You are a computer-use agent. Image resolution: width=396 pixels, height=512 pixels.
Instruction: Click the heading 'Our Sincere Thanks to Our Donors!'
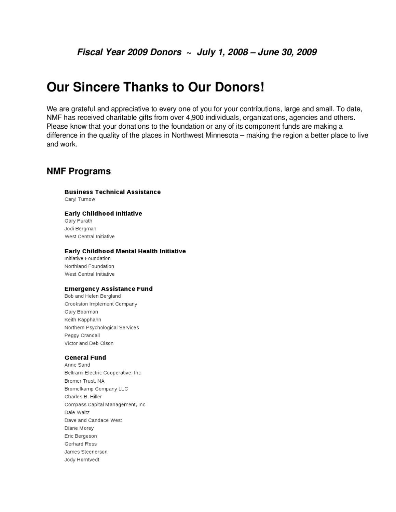155,87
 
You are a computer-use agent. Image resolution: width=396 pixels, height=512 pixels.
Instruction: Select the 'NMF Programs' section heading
79,171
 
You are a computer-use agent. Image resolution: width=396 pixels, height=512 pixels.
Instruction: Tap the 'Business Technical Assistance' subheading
112,192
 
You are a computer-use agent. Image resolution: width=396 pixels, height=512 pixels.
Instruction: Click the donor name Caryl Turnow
80,199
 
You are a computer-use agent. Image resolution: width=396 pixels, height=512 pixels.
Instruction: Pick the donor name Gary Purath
78,221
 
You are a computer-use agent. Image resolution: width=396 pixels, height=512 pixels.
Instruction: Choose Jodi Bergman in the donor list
80,229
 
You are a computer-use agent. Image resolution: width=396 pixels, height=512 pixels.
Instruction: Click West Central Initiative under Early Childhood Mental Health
90,274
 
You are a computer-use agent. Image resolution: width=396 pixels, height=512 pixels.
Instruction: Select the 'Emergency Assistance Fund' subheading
109,289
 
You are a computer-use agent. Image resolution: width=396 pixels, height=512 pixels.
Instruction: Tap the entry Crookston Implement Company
101,304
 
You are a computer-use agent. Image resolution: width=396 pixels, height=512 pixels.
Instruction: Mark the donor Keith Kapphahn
83,319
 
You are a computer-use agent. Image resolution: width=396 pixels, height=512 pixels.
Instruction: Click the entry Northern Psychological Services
101,327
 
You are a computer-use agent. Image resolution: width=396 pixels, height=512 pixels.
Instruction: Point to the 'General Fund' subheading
85,357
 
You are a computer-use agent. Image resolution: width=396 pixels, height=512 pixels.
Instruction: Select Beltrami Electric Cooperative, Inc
103,373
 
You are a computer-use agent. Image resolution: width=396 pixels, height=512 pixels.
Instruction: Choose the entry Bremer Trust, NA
84,381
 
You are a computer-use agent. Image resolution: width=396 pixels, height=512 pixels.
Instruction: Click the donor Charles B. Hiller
83,397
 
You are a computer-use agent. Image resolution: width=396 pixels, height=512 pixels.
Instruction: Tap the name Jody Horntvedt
82,459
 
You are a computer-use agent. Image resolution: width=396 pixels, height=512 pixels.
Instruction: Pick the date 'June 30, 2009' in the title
287,52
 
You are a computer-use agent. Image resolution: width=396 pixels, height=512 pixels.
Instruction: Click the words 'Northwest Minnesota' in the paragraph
205,135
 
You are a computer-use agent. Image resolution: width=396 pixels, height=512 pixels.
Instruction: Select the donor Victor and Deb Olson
89,343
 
